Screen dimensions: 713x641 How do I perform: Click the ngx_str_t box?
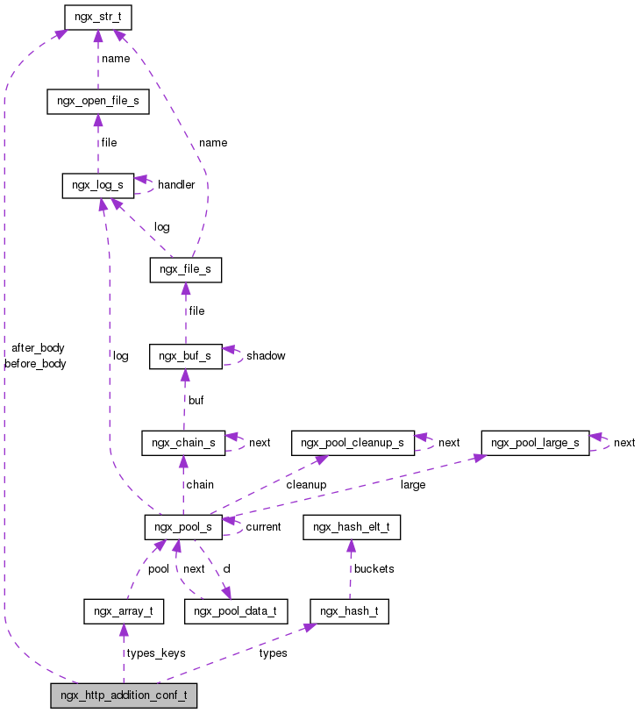[x=97, y=16]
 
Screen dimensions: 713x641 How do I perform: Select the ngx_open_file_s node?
[x=97, y=101]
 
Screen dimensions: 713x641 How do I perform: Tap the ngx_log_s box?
[x=97, y=185]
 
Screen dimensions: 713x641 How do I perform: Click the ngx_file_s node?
[x=185, y=270]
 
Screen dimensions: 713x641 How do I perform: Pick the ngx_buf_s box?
[x=185, y=356]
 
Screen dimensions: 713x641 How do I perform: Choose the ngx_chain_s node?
[x=184, y=442]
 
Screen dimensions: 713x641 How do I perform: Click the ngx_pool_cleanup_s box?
[x=352, y=442]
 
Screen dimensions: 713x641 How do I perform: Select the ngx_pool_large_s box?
[x=535, y=442]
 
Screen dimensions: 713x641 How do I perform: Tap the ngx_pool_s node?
[x=182, y=526]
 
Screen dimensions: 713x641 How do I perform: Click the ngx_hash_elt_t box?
[x=351, y=526]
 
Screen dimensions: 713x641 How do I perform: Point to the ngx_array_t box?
[x=123, y=610]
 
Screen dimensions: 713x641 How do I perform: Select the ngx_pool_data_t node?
[x=235, y=610]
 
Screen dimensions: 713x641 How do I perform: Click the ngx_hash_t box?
[x=349, y=610]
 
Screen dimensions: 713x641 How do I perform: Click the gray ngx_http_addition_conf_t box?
[x=124, y=695]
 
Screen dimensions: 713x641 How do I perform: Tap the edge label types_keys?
[x=155, y=653]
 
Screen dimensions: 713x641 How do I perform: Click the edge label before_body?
[x=35, y=363]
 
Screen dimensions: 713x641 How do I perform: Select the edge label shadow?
[x=266, y=356]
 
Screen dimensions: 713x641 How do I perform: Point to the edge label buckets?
[x=374, y=568]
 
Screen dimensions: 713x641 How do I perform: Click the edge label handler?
[x=176, y=185]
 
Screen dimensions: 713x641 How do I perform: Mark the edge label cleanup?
[x=305, y=484]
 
